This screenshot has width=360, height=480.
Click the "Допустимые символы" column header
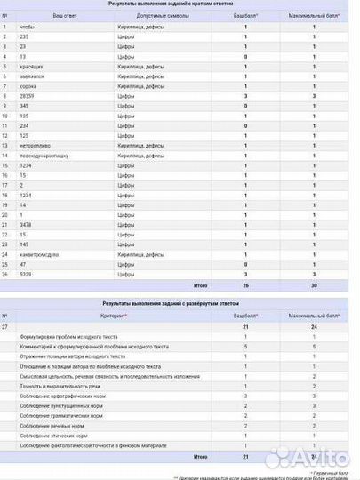point(137,17)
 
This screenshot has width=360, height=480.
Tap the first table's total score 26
point(245,285)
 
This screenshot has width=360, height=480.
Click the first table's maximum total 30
point(313,285)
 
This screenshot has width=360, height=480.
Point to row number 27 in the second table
point(6,327)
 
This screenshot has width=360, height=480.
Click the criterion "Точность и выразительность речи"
point(53,387)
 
